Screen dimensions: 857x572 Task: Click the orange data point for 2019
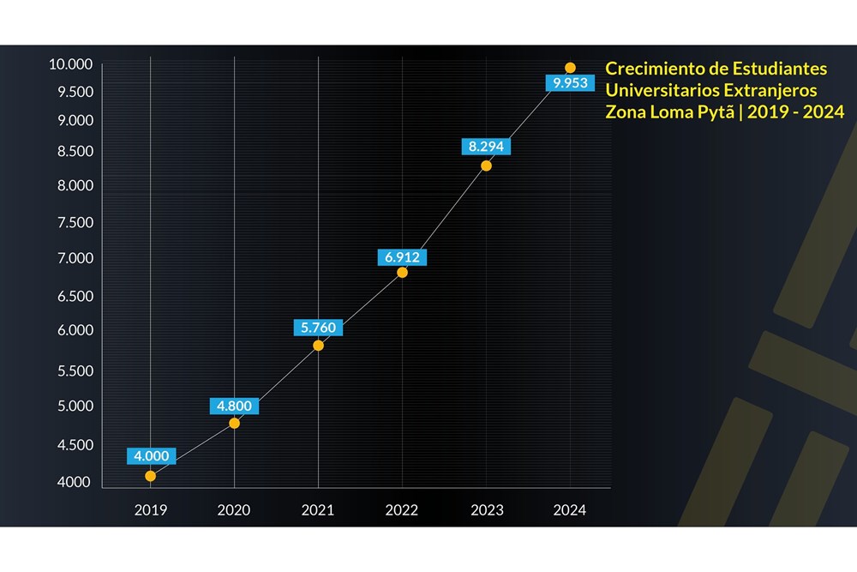click(x=150, y=476)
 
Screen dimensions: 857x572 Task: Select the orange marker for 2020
click(x=234, y=424)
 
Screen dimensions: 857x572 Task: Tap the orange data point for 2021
click(x=318, y=346)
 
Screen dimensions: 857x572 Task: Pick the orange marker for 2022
click(x=402, y=273)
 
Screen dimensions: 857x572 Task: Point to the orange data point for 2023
click(x=486, y=166)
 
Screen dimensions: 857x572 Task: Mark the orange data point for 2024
click(x=570, y=68)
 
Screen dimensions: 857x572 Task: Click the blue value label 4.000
click(x=152, y=456)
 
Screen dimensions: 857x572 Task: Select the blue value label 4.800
click(x=234, y=406)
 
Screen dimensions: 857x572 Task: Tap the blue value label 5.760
click(x=318, y=328)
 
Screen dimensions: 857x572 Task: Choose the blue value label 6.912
click(x=402, y=257)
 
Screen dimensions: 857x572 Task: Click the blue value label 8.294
click(x=486, y=147)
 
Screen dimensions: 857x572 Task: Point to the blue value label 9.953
click(x=570, y=82)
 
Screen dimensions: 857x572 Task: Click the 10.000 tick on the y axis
click(x=71, y=64)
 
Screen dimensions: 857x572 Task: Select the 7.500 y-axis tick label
click(x=75, y=222)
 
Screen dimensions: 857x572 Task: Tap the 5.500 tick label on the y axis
click(x=75, y=370)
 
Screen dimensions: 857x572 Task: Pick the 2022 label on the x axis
click(x=402, y=509)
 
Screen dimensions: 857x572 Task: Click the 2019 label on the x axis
click(x=151, y=509)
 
